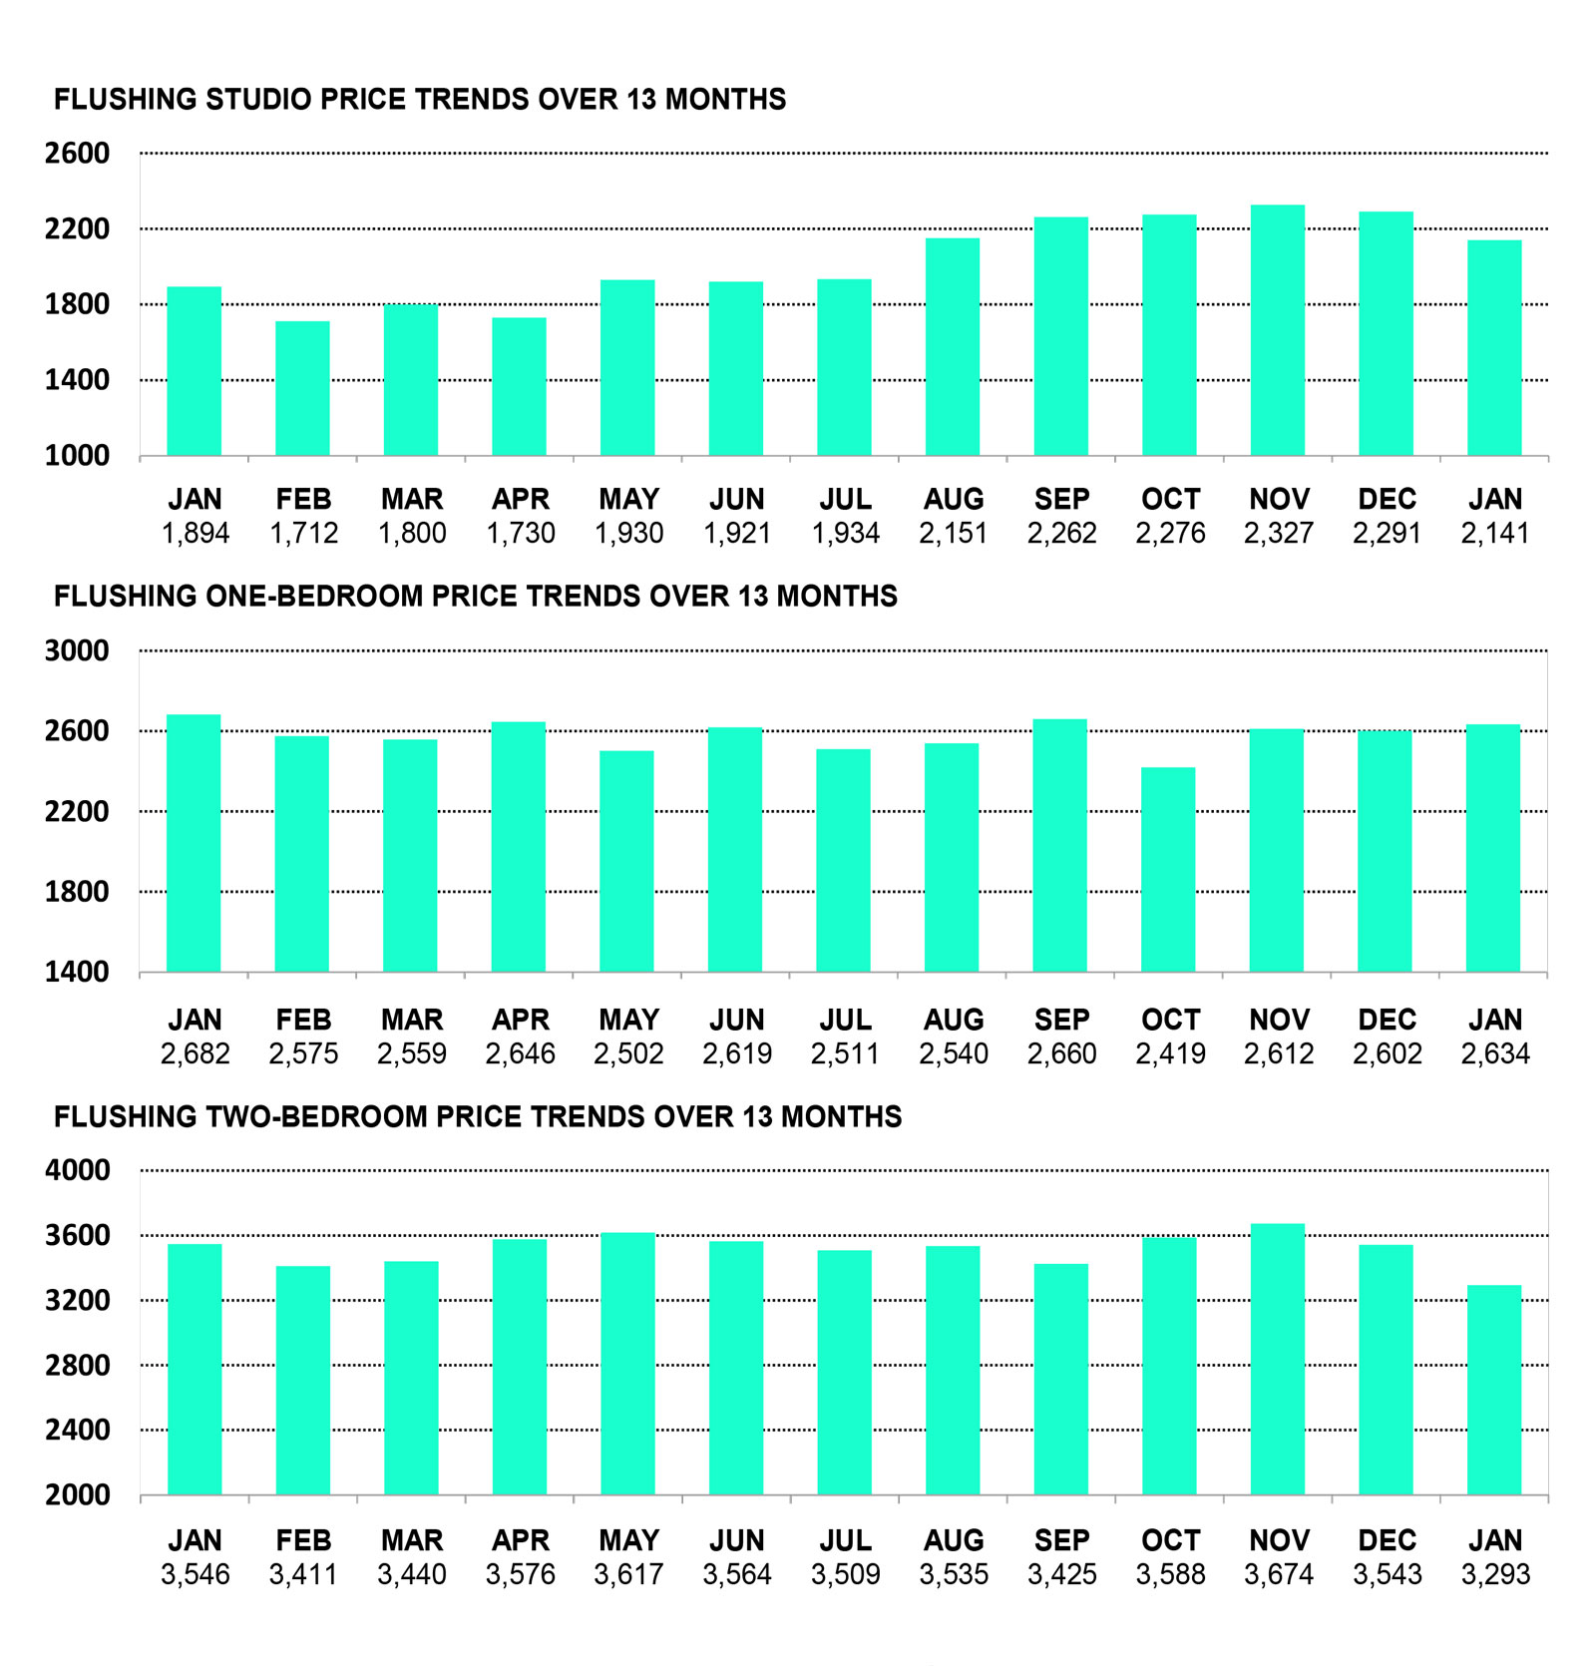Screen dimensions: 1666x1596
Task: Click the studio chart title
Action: (x=419, y=100)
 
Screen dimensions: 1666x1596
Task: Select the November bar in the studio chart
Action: (x=1278, y=330)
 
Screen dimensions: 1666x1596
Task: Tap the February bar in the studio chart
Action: (x=302, y=388)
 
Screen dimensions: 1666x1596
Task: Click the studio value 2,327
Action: (x=1278, y=534)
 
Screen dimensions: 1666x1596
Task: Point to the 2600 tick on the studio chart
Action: (x=77, y=154)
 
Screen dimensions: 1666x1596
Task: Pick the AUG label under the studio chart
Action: (x=954, y=499)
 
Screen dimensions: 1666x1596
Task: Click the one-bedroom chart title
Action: (x=475, y=597)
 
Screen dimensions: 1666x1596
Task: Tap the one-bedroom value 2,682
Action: (x=195, y=1054)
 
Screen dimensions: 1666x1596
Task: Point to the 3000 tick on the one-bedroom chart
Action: (x=77, y=650)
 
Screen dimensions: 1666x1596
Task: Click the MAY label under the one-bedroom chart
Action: (x=628, y=1020)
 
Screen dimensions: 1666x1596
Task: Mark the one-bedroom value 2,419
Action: (x=1170, y=1054)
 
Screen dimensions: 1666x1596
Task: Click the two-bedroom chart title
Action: (x=477, y=1117)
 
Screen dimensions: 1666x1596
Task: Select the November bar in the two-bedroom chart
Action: (x=1278, y=1359)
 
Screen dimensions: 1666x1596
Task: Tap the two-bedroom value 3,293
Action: (x=1495, y=1575)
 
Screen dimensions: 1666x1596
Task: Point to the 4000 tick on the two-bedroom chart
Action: (x=77, y=1170)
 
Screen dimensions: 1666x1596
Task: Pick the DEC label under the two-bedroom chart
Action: (x=1387, y=1540)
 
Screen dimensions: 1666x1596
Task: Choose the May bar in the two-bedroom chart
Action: (x=627, y=1364)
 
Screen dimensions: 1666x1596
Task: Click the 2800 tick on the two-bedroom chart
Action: (x=77, y=1366)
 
